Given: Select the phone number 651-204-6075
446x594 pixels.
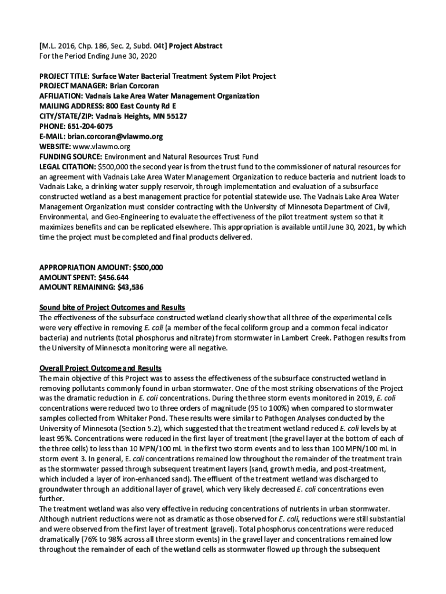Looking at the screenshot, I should tap(90, 126).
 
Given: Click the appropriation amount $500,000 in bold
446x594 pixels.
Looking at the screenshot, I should tap(148, 267).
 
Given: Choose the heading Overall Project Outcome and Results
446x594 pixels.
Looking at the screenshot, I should tap(100, 368).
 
